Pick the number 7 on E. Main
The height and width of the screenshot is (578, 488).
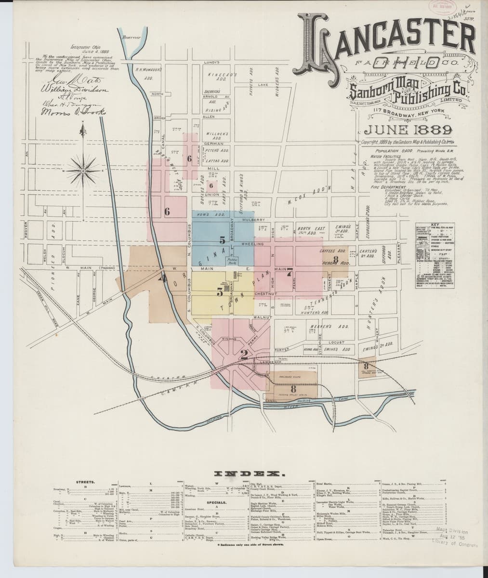click(x=290, y=273)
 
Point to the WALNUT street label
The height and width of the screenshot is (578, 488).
click(x=266, y=317)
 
